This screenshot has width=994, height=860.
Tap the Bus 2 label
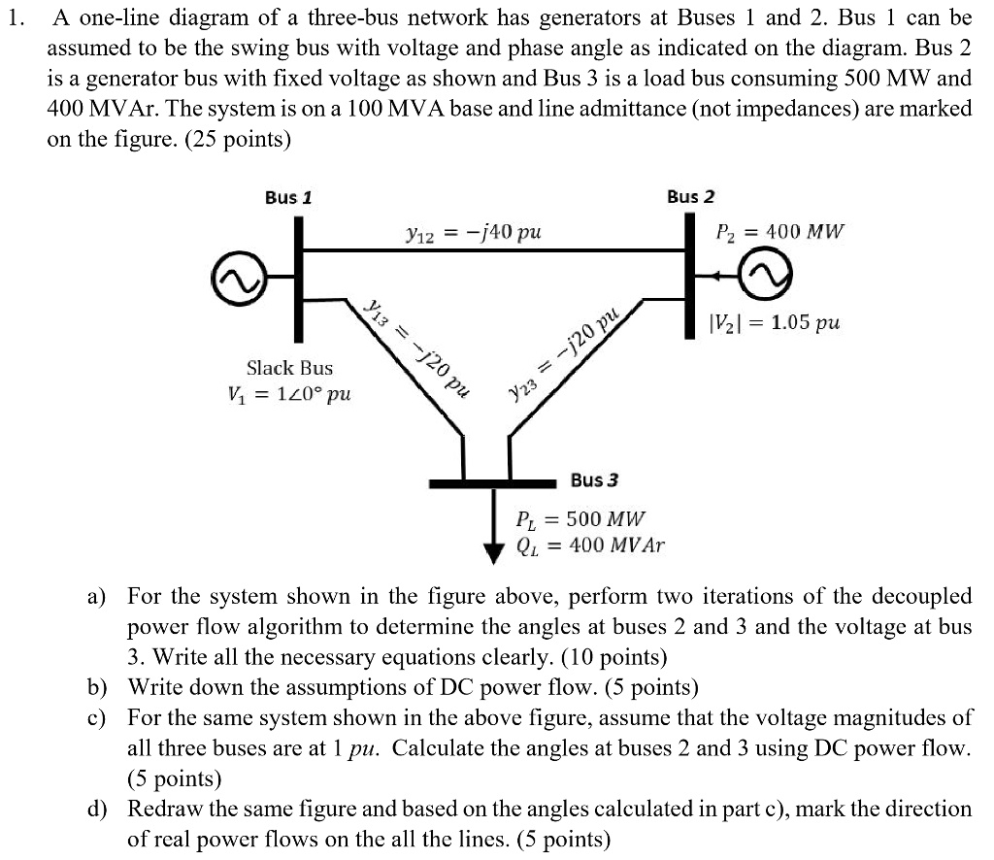690,197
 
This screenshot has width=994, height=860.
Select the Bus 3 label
595,480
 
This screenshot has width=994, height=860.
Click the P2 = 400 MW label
779,233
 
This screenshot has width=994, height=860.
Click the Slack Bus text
289,368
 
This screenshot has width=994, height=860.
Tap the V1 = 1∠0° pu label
289,395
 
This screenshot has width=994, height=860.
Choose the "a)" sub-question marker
98,596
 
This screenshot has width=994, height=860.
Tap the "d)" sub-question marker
98,810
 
